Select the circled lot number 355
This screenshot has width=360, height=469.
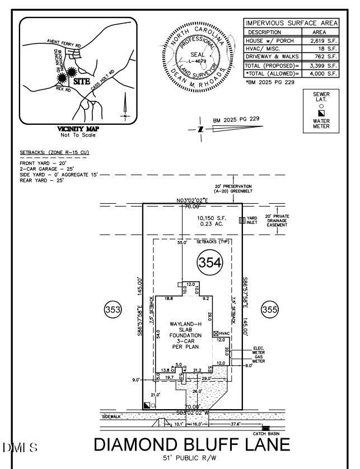pos(269,309)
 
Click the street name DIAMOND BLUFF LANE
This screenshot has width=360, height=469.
pos(192,445)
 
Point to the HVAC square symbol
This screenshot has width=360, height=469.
pos(216,333)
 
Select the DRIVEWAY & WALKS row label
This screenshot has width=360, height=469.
pos(271,57)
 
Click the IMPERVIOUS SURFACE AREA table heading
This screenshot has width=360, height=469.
pos(291,23)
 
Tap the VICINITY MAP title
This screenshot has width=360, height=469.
pos(78,129)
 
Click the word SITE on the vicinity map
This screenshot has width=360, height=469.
pos(82,81)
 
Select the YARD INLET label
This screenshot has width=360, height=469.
pos(252,221)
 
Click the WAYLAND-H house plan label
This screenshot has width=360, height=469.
pos(185,325)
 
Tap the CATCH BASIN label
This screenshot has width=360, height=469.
pos(267,434)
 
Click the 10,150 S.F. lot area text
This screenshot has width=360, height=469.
pos(210,218)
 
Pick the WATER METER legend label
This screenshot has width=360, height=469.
pos(321,124)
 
